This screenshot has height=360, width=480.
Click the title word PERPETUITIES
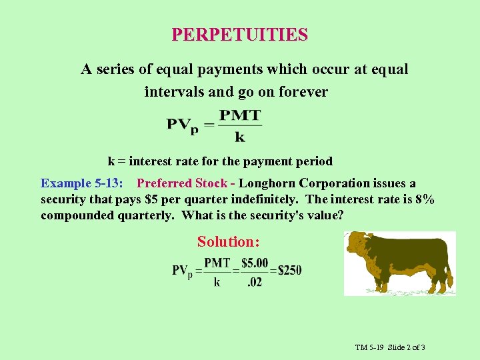coord(239,34)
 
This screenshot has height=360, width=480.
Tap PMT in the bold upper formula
coord(240,115)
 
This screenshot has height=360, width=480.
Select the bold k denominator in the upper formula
coord(240,137)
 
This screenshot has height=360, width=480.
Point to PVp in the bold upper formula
coord(183,125)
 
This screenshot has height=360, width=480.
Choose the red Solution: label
coord(228,242)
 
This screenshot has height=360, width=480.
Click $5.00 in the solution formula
coord(254,263)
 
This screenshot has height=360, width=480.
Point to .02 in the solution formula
coord(254,282)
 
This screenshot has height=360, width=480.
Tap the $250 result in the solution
coord(289,271)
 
